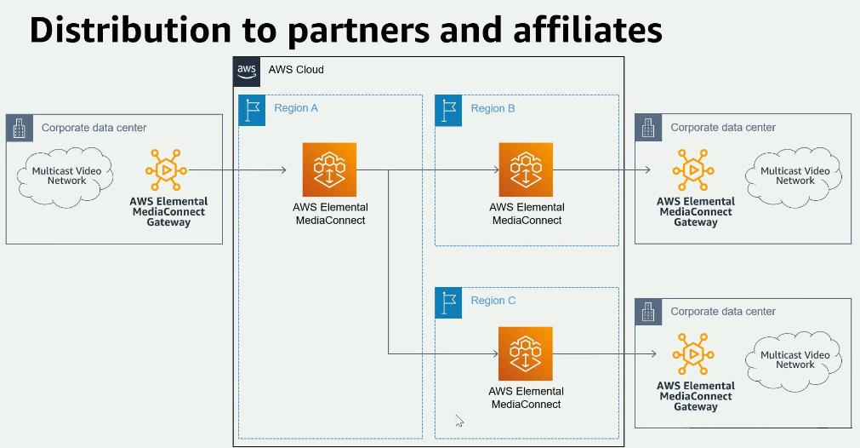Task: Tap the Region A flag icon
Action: pyautogui.click(x=252, y=109)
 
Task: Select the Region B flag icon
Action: pyautogui.click(x=448, y=109)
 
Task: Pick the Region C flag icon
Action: pyautogui.click(x=448, y=302)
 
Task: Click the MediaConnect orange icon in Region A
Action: pyautogui.click(x=329, y=169)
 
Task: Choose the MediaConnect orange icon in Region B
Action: pyautogui.click(x=526, y=169)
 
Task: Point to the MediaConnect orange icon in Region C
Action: pyautogui.click(x=526, y=353)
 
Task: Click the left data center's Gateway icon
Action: pyautogui.click(x=166, y=170)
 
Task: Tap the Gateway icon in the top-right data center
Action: pyautogui.click(x=694, y=170)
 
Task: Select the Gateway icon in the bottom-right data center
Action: pyautogui.click(x=694, y=354)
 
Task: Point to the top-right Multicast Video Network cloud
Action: pyautogui.click(x=795, y=175)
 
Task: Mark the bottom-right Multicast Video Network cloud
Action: pyautogui.click(x=795, y=359)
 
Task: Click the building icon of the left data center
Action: pyautogui.click(x=19, y=128)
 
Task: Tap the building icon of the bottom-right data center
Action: pyautogui.click(x=648, y=312)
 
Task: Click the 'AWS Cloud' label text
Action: pyautogui.click(x=296, y=70)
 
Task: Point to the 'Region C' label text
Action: pyautogui.click(x=493, y=301)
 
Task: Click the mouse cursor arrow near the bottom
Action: pyautogui.click(x=458, y=419)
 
